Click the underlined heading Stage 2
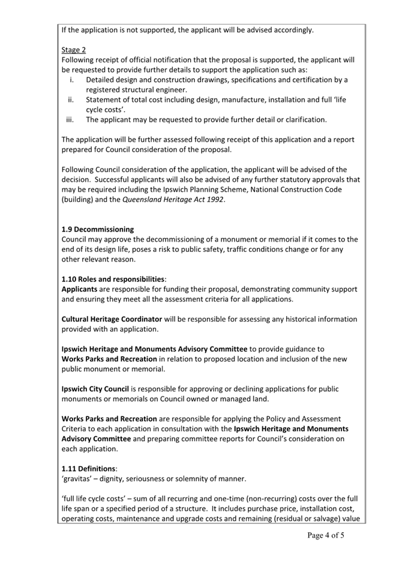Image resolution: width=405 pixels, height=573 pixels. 74,50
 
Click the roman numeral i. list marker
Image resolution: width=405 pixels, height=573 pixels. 71,80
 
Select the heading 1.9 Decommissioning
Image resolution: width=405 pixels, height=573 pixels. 98,229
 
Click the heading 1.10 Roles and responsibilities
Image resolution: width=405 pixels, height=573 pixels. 114,279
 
